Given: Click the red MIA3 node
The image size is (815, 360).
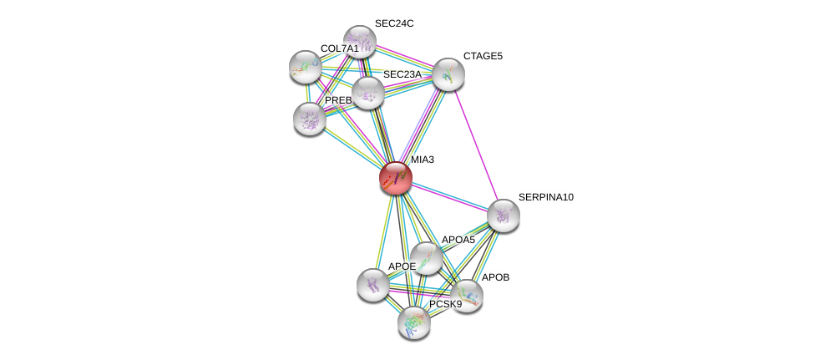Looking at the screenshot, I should click(x=395, y=178).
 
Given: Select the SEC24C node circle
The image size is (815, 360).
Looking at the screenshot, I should click(x=360, y=41).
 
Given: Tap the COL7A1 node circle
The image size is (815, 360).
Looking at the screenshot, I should click(x=305, y=66).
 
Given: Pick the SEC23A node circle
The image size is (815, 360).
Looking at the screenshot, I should click(x=367, y=93).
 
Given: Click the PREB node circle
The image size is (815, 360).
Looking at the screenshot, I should click(x=310, y=119).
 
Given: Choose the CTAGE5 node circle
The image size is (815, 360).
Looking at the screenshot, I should click(x=448, y=74).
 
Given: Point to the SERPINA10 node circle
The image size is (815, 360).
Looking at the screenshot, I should click(x=503, y=215).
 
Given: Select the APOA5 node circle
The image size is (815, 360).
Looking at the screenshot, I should click(x=426, y=258).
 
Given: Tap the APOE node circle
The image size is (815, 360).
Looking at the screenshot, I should click(x=372, y=284).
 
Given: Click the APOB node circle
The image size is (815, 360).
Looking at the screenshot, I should click(x=467, y=295).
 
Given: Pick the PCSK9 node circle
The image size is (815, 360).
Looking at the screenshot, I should click(x=414, y=322).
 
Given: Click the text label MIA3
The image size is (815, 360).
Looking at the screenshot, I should click(x=422, y=160).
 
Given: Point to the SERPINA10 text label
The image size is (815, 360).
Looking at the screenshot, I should click(x=545, y=197).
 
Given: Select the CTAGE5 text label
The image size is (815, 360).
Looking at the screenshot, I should click(x=483, y=56).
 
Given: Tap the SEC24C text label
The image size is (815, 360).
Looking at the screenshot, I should click(x=393, y=23).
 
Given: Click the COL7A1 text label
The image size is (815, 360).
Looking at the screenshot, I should click(x=339, y=48).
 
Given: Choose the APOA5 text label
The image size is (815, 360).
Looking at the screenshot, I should click(x=458, y=240).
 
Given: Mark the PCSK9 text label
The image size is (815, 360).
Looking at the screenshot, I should click(x=445, y=304).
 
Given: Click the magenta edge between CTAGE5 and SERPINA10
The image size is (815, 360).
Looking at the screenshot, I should click(x=476, y=145).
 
